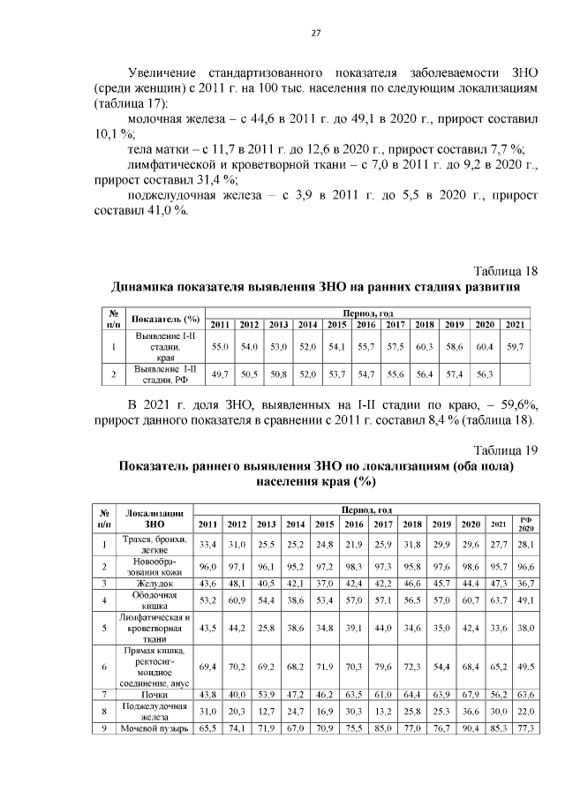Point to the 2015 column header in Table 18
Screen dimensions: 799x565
[x=336, y=324]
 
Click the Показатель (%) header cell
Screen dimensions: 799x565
[x=166, y=319]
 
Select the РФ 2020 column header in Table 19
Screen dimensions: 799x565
[x=526, y=524]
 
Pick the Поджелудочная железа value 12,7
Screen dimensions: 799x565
[x=266, y=712]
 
